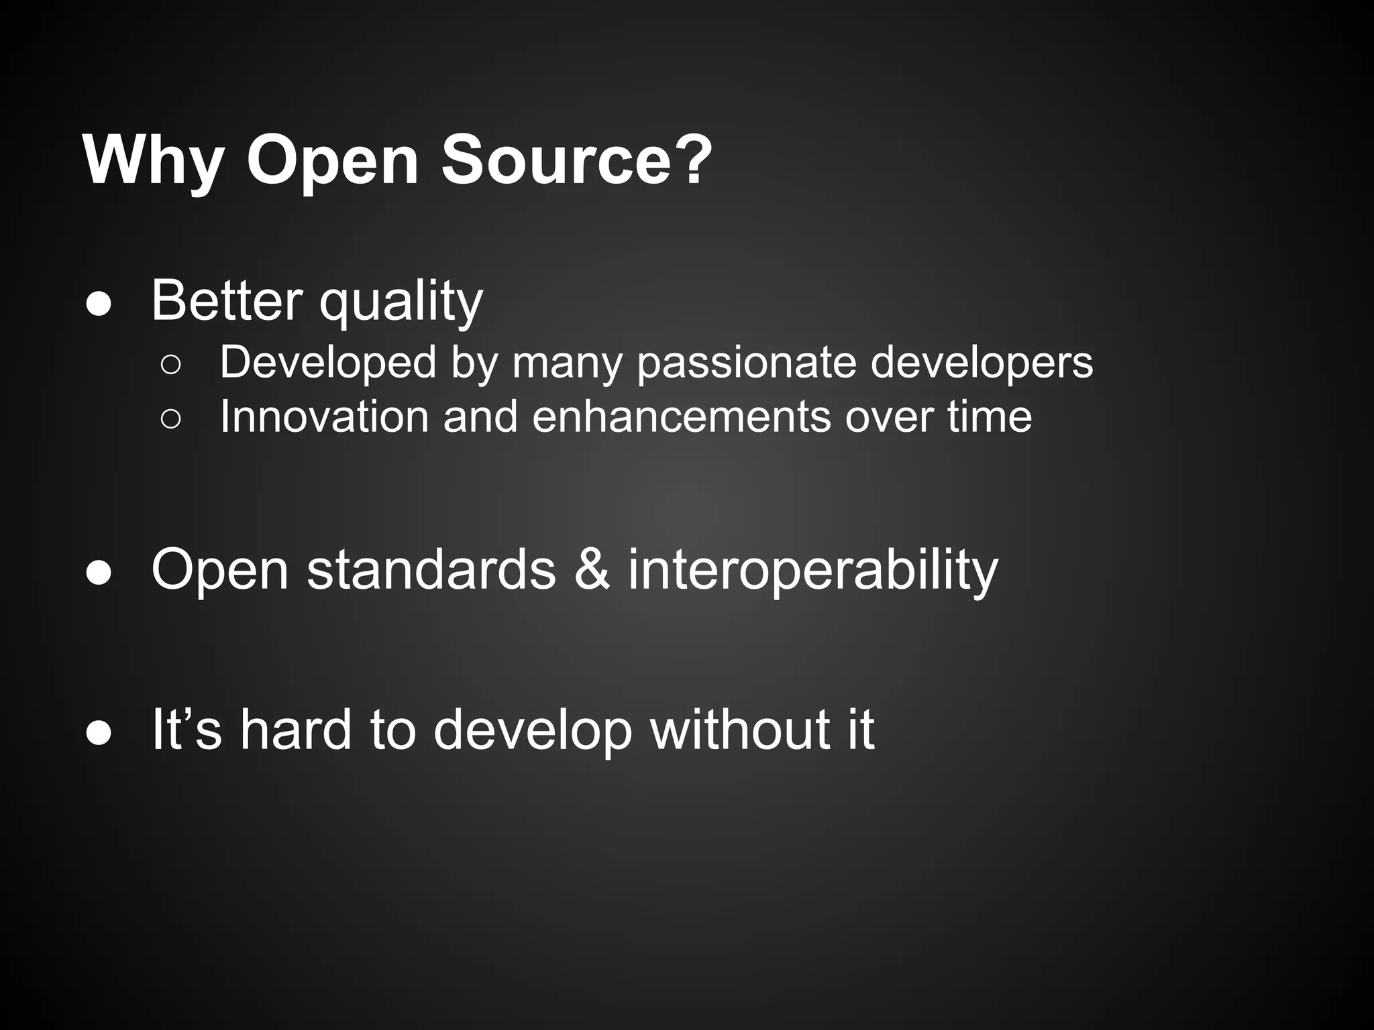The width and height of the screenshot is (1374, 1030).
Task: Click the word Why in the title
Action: tap(153, 161)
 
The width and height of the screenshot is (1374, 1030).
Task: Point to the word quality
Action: tap(401, 303)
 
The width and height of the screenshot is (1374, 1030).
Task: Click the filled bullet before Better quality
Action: tap(99, 305)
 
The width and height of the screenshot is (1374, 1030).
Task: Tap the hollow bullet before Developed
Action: tap(170, 365)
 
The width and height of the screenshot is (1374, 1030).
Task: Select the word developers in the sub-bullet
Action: tap(982, 363)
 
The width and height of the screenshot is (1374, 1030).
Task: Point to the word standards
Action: tap(431, 569)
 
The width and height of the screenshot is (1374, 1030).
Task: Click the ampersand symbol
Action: tap(592, 569)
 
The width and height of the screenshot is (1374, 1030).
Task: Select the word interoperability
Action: tap(812, 571)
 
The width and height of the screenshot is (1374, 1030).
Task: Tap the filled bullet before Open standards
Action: tap(99, 574)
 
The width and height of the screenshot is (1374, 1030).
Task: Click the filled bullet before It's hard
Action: tap(99, 734)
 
